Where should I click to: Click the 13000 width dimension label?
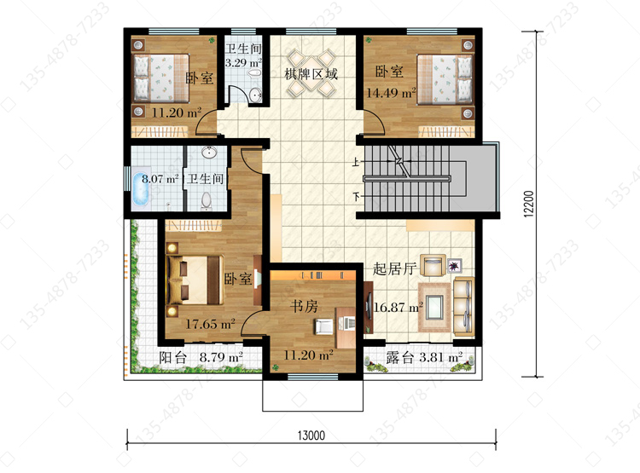coord(311,436)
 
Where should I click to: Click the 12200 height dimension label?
coord(528,204)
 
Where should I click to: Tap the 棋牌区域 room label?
coord(311,74)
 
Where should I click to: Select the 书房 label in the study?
coord(304,306)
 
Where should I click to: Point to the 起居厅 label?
coord(395,268)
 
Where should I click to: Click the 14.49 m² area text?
coord(391,93)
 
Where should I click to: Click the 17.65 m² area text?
coord(210,324)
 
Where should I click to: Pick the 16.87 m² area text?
coord(398,307)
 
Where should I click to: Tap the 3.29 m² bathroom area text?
coord(243,63)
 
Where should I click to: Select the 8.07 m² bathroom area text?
coord(160,179)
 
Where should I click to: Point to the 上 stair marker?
coord(356,162)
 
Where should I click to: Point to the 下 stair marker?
coord(357,197)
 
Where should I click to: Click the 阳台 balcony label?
coord(172,357)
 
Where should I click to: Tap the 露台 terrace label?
coord(400,357)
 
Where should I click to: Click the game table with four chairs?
coord(311,72)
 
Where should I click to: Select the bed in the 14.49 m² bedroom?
coord(445,78)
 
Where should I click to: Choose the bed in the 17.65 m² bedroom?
coord(195,280)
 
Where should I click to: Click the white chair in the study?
coord(323,326)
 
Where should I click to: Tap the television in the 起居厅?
coord(369,307)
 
